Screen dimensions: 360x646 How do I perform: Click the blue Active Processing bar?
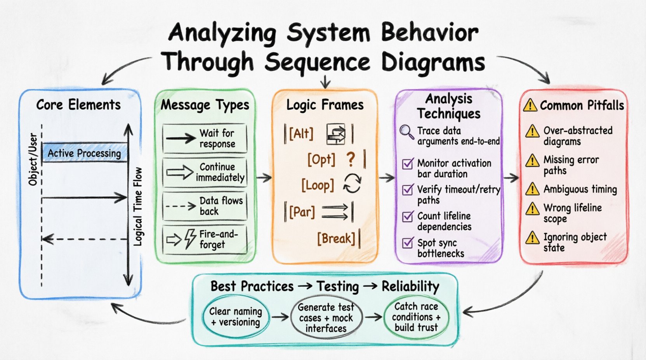coord(85,153)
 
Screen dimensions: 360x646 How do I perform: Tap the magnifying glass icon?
coord(406,132)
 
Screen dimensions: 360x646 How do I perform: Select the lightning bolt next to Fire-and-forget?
coord(190,239)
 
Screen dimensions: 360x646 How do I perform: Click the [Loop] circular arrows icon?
coord(352,183)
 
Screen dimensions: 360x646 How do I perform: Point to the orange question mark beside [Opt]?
coord(351,159)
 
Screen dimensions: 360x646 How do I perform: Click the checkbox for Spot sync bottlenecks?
coord(408,243)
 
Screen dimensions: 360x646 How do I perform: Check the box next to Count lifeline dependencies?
coord(408,216)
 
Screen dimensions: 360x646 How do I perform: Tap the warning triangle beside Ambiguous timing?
coord(532,189)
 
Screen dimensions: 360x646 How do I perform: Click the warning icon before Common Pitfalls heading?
coord(530,105)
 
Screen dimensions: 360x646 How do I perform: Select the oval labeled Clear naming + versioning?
coord(236,317)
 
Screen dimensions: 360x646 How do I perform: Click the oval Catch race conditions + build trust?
coord(416,317)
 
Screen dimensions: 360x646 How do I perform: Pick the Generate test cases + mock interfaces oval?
coord(326,318)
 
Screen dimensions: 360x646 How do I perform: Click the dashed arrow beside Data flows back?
coord(181,206)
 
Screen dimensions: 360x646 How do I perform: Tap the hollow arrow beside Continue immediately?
coord(180,172)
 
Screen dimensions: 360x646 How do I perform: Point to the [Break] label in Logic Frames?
coord(336,239)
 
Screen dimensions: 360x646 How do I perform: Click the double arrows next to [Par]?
coord(335,212)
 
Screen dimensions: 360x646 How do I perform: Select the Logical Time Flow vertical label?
coord(138,207)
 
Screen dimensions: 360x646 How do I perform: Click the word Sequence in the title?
coord(318,62)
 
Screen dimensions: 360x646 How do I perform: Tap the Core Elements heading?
coord(78,105)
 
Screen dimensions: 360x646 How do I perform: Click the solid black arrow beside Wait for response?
coord(181,138)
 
